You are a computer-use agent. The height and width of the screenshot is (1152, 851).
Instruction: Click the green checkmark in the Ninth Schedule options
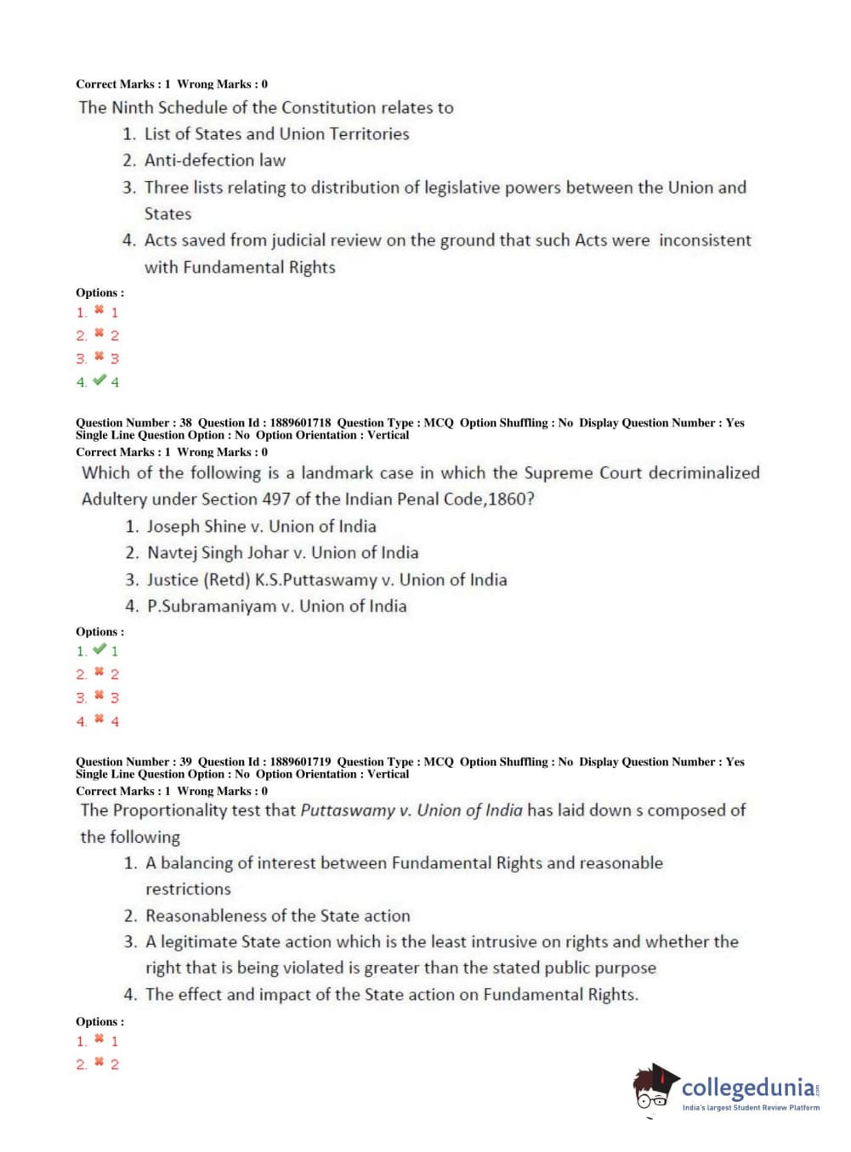pos(99,381)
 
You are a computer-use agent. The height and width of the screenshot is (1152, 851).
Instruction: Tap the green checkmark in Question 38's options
pos(99,650)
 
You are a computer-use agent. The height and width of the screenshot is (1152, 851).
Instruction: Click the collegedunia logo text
pos(747,1088)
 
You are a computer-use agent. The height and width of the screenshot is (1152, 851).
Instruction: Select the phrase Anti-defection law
pos(215,160)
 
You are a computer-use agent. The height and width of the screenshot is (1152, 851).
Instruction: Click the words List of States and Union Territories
pos(276,133)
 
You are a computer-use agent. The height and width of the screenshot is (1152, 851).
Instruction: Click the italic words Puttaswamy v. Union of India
pos(411,810)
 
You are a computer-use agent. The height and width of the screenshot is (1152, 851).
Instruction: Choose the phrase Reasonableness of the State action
pos(277,915)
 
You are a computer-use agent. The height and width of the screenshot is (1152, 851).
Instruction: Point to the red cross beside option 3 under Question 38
pos(99,696)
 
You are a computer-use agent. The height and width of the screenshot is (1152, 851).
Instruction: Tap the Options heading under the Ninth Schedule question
pos(99,292)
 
